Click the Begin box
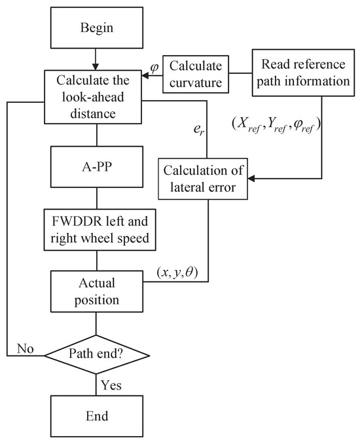click(97, 29)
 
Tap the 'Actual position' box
click(97, 291)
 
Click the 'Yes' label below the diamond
click(111, 386)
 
